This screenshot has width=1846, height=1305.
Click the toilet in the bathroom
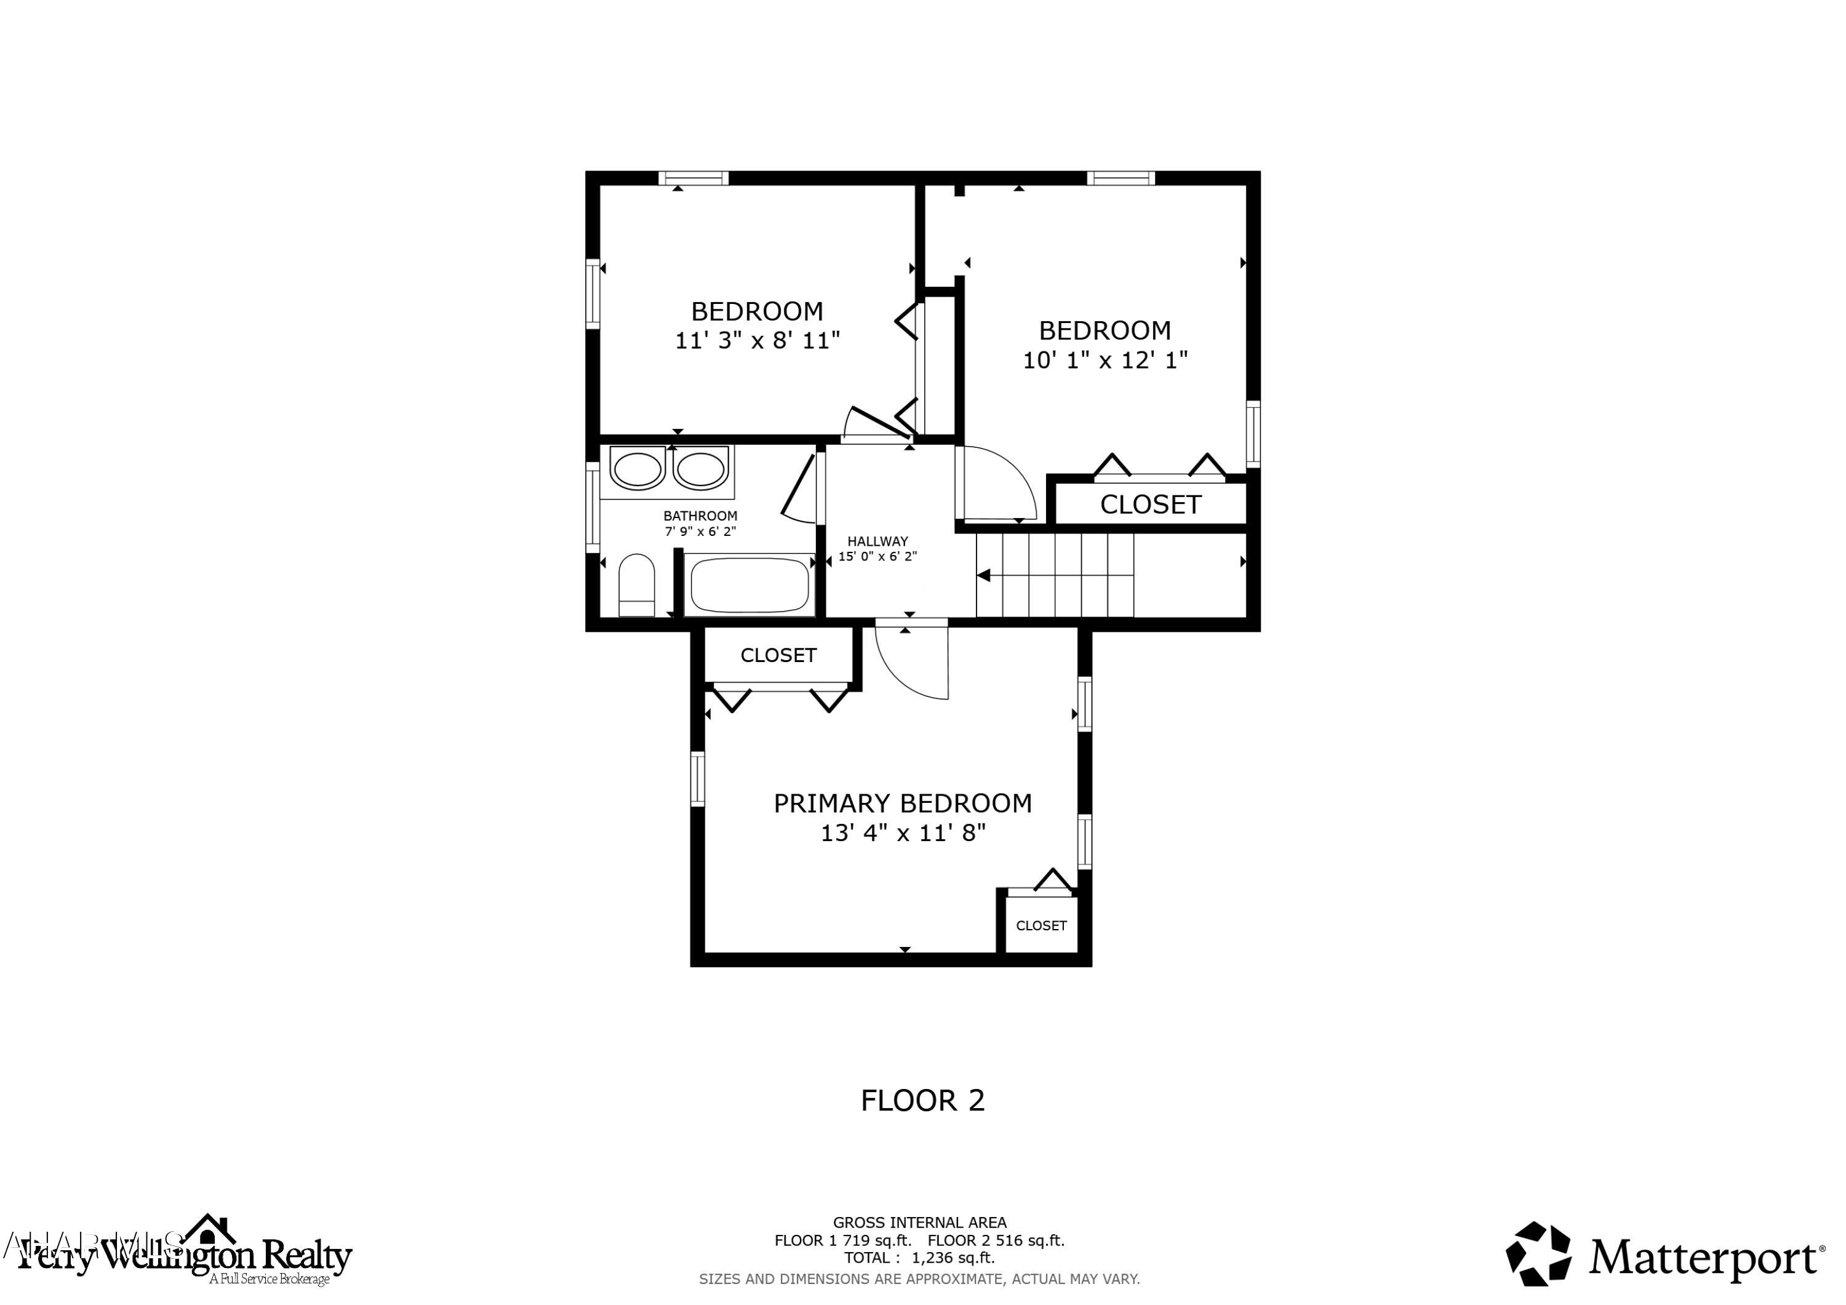[637, 585]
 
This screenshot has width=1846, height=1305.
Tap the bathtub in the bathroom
[749, 585]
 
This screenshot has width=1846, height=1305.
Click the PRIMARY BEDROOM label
[902, 804]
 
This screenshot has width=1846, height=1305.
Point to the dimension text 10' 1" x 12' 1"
[1105, 360]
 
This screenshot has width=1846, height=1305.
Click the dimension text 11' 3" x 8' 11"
[757, 341]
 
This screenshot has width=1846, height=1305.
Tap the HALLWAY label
[877, 541]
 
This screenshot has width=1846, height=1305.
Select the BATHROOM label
[700, 516]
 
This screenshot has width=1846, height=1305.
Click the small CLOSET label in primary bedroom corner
[1041, 925]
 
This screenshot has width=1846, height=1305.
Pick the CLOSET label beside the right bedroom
[1149, 504]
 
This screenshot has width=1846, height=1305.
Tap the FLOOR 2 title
[922, 1100]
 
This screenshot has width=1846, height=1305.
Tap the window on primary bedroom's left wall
[698, 778]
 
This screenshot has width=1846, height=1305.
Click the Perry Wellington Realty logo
[185, 1255]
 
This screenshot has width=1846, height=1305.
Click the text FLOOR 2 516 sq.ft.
[996, 1240]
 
